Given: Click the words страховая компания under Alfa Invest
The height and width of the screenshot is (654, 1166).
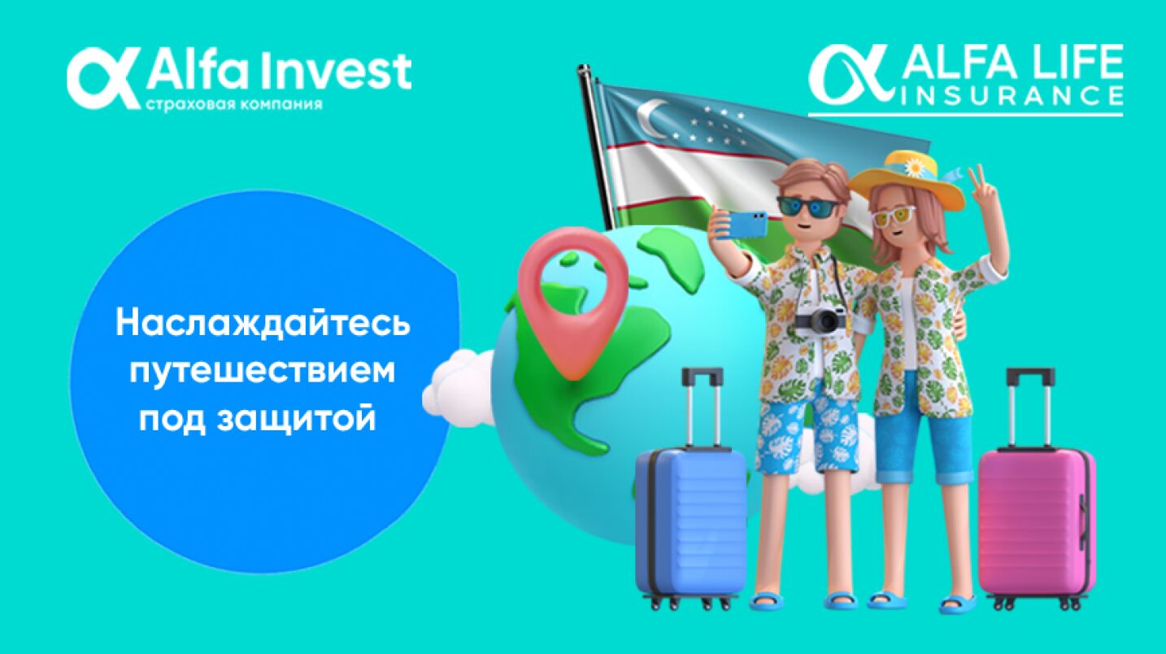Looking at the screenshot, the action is pos(233,103).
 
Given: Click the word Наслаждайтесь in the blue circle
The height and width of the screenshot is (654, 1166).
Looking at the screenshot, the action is pos(263,324).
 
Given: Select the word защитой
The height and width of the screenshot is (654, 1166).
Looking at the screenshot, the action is pos(296,418).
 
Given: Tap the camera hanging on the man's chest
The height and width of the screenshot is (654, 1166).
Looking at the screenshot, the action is pos(820,319).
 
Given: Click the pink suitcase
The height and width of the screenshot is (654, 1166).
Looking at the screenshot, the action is pos(1037,522).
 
